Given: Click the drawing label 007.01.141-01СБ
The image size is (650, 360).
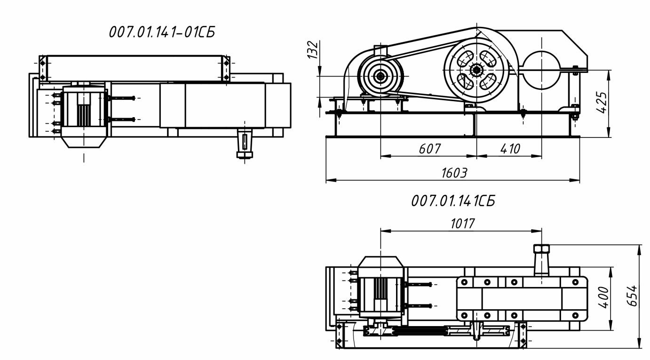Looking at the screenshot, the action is [x=162, y=32].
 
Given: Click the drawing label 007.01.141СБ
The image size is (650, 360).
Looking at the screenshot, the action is [x=453, y=201].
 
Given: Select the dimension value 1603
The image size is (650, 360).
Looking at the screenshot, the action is [x=454, y=173].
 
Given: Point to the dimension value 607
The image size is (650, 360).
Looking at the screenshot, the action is [x=430, y=149].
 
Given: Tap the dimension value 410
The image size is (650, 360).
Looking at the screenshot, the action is [x=510, y=149].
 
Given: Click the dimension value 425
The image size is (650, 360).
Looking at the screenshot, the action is [x=601, y=103].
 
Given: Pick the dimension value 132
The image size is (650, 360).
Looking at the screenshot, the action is [x=313, y=49].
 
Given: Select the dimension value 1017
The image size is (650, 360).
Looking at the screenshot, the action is [x=462, y=224].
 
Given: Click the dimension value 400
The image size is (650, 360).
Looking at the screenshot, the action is [x=603, y=297].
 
